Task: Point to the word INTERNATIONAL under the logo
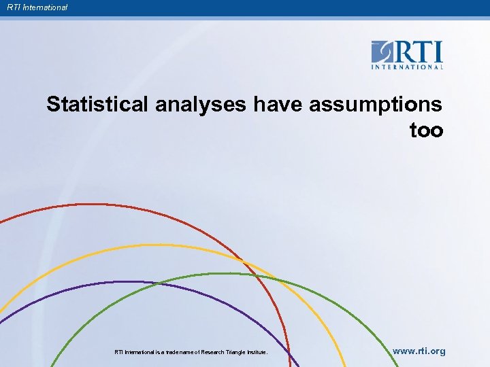tap(407, 67)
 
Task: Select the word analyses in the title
tap(201, 105)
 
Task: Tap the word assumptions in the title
tap(376, 105)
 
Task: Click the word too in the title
tap(426, 130)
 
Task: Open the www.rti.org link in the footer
tap(419, 351)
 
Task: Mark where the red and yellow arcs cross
tap(242, 258)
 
